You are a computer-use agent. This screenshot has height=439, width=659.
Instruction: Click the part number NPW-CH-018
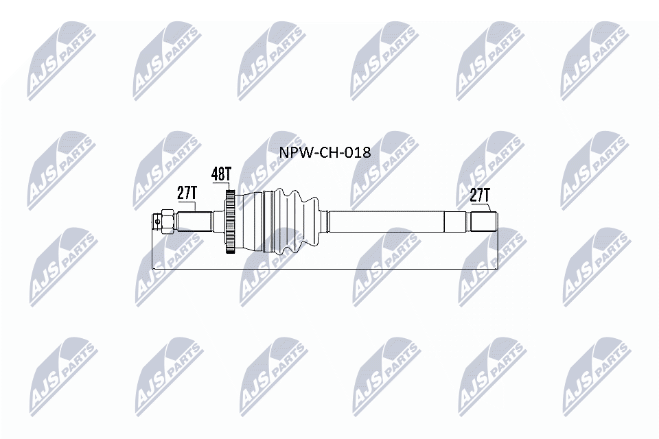pyautogui.click(x=324, y=152)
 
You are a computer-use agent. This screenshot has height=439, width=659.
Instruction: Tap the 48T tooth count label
pyautogui.click(x=221, y=174)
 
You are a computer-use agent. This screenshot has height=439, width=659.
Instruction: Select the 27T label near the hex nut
pyautogui.click(x=187, y=193)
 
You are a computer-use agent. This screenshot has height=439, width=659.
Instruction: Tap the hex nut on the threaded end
pyautogui.click(x=165, y=221)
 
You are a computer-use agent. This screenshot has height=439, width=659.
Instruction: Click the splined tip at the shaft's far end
pyautogui.click(x=483, y=221)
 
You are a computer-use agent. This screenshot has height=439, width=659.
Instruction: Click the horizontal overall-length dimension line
pyautogui.click(x=323, y=268)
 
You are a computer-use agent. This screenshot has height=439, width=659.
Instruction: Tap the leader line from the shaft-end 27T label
pyautogui.click(x=489, y=207)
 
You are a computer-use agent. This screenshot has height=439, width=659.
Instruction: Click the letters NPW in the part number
pyautogui.click(x=292, y=152)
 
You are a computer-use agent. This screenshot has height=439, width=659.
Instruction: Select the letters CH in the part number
pyautogui.click(x=326, y=152)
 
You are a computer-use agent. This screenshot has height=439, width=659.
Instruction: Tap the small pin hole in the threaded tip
pyautogui.click(x=158, y=221)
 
